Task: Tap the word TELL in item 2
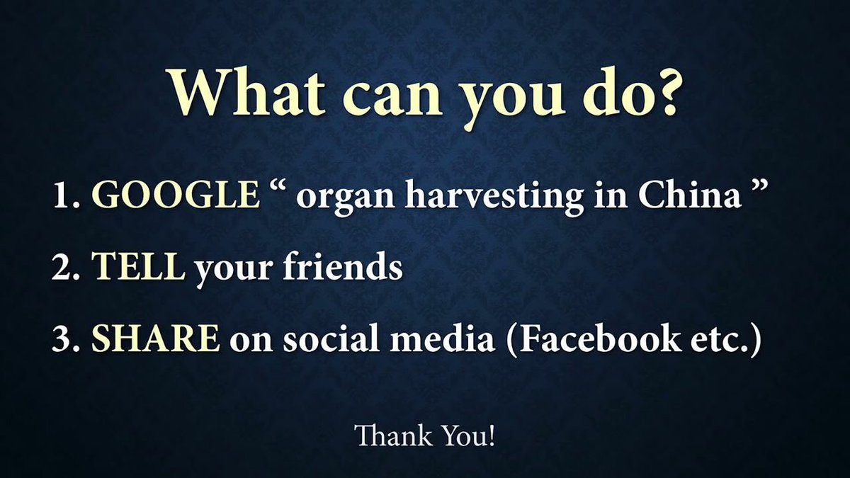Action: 138,268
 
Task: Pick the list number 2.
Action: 66,269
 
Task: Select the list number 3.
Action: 66,340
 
